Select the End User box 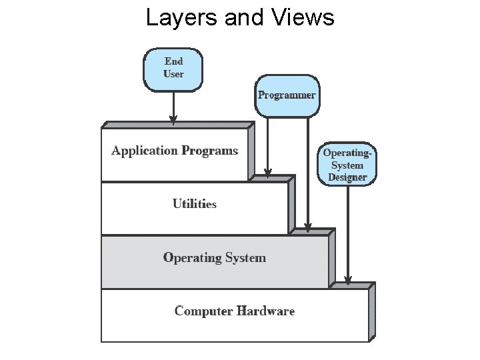coord(173,68)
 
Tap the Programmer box coord(287,95)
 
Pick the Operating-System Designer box coord(347,165)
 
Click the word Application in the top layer coord(145,151)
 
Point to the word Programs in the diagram coord(209,151)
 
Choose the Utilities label coord(194,204)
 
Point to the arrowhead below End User coord(173,120)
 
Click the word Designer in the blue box coord(347,177)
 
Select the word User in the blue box coord(173,74)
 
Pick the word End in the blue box coord(173,61)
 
